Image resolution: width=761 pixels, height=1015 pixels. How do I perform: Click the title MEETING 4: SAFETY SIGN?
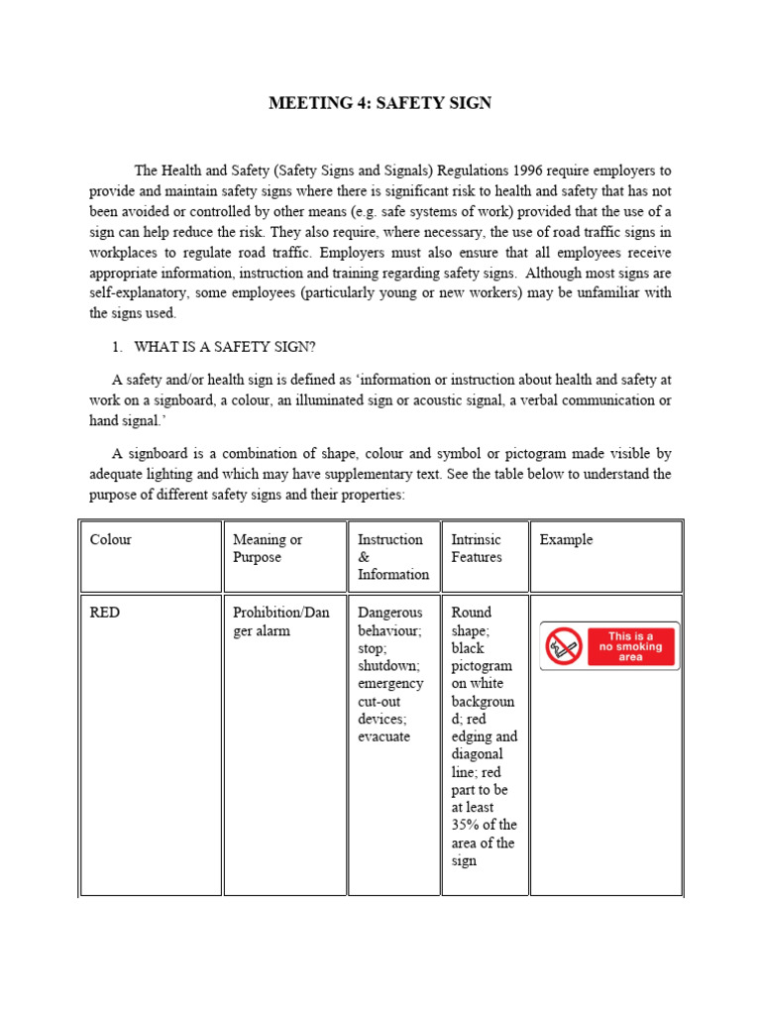tap(380, 103)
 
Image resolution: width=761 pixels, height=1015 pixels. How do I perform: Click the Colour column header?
tap(110, 540)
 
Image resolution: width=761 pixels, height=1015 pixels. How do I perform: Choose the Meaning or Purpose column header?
tap(268, 548)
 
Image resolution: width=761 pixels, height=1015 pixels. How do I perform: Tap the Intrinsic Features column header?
tap(477, 548)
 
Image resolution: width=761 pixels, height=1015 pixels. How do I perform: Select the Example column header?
tap(566, 540)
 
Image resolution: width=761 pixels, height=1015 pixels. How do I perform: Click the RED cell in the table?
tap(105, 613)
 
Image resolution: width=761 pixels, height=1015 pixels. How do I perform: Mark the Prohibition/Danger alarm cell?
tap(280, 621)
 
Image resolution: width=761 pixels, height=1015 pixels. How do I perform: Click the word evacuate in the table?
tap(383, 736)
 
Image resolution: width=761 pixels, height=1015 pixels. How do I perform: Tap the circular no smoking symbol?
tap(563, 646)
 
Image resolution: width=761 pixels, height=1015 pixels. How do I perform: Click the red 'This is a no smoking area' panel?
tap(631, 646)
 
